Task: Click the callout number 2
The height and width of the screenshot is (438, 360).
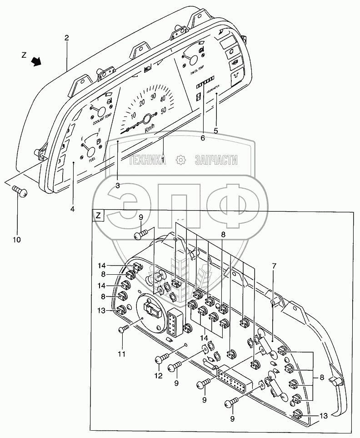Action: click(x=66, y=38)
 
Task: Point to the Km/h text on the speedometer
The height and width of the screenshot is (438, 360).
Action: click(x=150, y=129)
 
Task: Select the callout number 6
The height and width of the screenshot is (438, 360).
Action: click(x=203, y=138)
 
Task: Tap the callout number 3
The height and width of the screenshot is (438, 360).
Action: click(x=117, y=185)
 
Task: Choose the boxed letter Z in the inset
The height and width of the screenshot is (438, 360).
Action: click(x=99, y=215)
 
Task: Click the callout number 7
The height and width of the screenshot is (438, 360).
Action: click(x=274, y=265)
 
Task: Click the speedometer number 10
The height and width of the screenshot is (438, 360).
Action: click(x=133, y=116)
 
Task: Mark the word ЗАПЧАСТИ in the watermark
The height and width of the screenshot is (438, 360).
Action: click(x=216, y=160)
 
